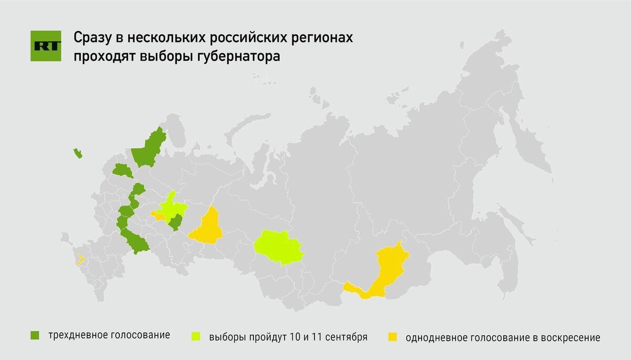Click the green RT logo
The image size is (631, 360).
click(46, 46)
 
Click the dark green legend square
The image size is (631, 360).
click(35, 335)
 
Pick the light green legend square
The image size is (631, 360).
click(196, 336)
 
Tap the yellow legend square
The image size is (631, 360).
click(392, 336)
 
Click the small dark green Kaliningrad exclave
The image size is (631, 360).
click(78, 153)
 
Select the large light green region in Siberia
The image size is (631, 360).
click(279, 247)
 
